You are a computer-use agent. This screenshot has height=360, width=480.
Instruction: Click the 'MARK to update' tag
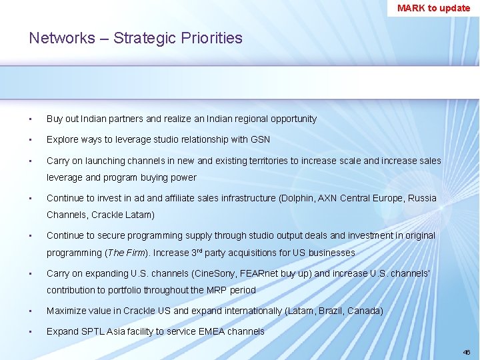point(433,8)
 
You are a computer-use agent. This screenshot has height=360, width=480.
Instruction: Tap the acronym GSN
point(261,139)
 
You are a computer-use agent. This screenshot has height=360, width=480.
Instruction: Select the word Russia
point(422,198)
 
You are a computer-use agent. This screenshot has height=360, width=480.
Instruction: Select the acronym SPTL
point(94,331)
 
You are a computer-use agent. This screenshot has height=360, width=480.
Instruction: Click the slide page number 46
point(467,351)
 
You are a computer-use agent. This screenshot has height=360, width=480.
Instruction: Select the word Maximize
point(67,311)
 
